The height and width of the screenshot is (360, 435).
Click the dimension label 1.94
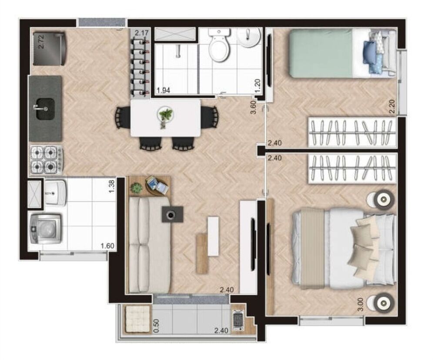(x=163, y=90)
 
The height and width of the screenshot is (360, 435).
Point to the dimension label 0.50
(x=156, y=327)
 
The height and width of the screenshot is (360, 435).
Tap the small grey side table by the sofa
(x=172, y=214)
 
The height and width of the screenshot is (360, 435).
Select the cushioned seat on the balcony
(x=137, y=320)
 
